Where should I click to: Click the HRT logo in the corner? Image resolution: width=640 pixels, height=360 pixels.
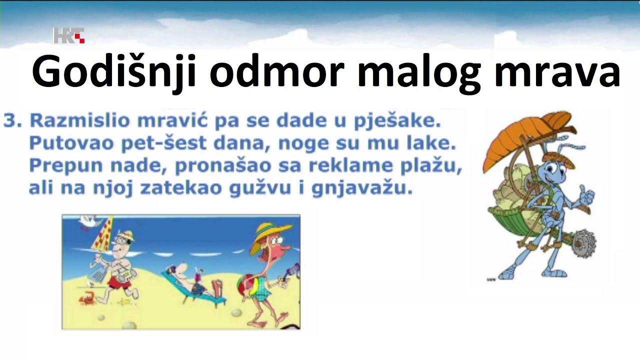pyautogui.click(x=68, y=35)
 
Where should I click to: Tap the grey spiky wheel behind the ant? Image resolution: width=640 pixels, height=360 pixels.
pyautogui.click(x=582, y=243)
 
